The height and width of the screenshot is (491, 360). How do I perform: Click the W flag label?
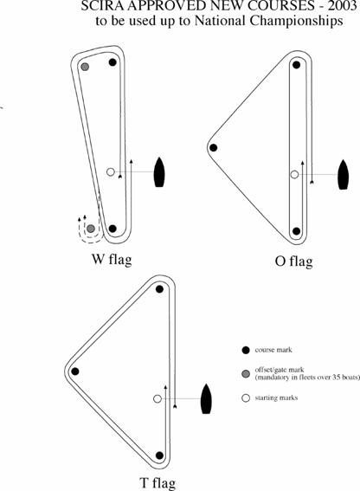[112, 260]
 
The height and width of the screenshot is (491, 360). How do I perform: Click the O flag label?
[293, 262]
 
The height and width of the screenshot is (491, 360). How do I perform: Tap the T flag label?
[157, 482]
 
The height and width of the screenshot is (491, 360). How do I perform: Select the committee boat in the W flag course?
[159, 172]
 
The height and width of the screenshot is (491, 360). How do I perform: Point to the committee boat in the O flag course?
[344, 174]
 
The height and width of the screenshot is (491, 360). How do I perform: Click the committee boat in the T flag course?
[206, 398]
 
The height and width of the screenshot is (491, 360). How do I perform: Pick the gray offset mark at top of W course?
[85, 67]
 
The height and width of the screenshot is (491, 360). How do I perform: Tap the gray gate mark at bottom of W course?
[91, 229]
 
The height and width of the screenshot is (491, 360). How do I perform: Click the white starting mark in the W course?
[111, 172]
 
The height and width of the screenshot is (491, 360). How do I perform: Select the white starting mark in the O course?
[294, 174]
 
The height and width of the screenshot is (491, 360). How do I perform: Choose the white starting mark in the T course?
[157, 398]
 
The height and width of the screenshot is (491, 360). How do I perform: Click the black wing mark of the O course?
[214, 148]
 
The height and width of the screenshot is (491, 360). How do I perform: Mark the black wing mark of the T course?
[75, 371]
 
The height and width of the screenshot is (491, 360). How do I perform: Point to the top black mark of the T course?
[159, 289]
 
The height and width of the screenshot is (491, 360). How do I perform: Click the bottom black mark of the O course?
[297, 231]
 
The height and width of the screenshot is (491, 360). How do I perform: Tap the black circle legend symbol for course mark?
[246, 350]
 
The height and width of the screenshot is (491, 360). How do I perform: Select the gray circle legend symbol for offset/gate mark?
[246, 373]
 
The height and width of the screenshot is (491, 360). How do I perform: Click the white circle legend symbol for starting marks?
[246, 398]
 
